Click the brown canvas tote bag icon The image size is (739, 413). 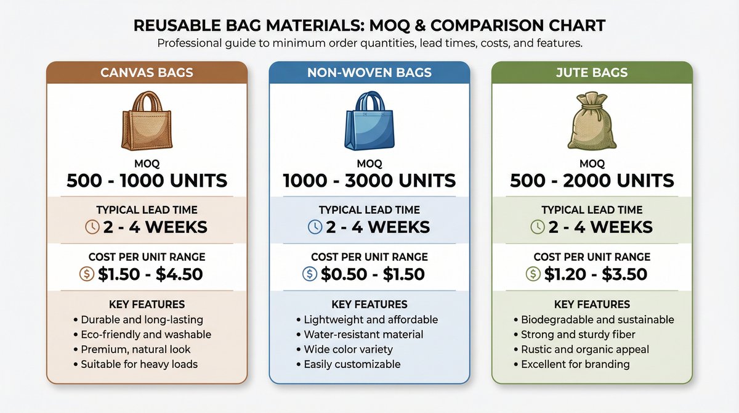[x=147, y=121]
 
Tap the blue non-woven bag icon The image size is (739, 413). [x=369, y=121]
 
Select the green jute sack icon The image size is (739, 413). [x=591, y=121]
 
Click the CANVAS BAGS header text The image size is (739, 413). [x=147, y=73]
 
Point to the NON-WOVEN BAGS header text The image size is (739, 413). [x=369, y=73]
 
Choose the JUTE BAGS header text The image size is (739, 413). [x=592, y=73]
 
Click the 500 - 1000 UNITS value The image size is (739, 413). [x=147, y=181]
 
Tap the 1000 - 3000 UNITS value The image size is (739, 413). [x=369, y=181]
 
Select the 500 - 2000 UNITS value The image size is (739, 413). [x=592, y=181]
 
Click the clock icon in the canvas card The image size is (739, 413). [x=91, y=227]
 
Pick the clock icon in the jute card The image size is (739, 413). [x=537, y=227]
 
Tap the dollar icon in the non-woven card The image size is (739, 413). [x=310, y=274]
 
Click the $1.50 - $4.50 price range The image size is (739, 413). [x=150, y=274]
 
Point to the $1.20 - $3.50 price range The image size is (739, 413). [x=596, y=274]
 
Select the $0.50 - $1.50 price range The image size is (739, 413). [x=373, y=274]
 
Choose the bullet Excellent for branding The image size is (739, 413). [x=571, y=364]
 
